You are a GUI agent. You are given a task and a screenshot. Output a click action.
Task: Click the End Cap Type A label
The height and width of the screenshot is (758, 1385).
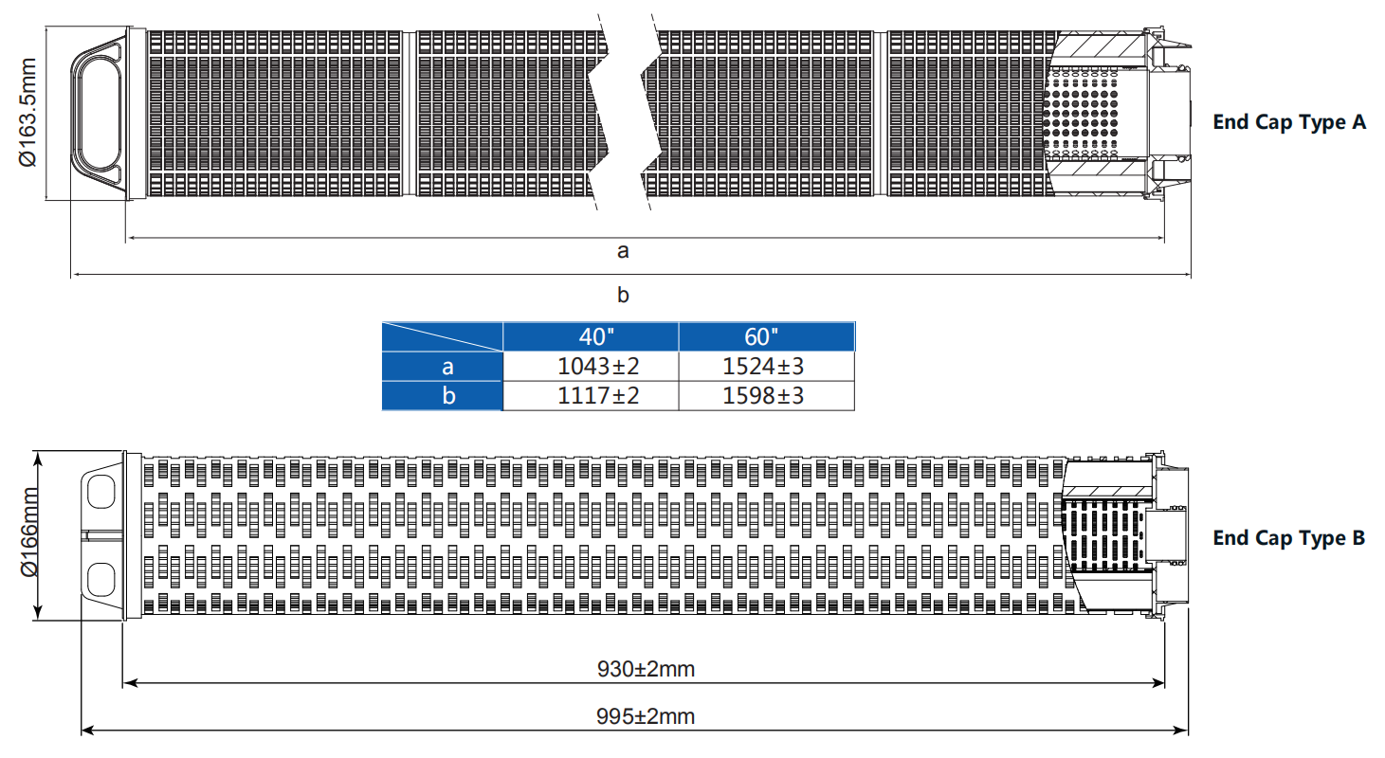point(1289,122)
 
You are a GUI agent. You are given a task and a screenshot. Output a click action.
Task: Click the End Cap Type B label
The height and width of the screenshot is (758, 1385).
point(1289,538)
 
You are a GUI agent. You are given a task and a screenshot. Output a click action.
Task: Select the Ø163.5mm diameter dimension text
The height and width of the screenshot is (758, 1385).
point(27,115)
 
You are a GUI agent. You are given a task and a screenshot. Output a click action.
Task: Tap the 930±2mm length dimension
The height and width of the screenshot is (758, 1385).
point(646,669)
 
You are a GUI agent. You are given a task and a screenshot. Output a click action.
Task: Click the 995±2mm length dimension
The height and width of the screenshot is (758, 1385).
point(646,716)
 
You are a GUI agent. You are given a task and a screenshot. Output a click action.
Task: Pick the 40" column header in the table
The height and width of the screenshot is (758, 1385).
point(591,337)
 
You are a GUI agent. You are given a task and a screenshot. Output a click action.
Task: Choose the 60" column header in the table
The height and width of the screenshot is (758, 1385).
point(766,337)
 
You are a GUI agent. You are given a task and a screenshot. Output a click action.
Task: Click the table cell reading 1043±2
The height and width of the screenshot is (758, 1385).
point(591,367)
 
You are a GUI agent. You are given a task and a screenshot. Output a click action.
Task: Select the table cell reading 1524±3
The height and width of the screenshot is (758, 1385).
point(766,367)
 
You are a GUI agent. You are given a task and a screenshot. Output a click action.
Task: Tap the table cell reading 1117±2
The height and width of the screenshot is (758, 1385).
point(591,395)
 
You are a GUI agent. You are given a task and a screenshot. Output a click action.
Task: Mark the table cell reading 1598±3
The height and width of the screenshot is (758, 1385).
point(766,395)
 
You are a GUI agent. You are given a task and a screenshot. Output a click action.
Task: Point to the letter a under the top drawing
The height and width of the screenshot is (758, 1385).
point(623,251)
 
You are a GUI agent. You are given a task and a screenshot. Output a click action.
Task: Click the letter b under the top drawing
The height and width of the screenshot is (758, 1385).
point(623,295)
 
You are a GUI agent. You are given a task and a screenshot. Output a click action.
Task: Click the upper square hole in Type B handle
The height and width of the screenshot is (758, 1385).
point(100,490)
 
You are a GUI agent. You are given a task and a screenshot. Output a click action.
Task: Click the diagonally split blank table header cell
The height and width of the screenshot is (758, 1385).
point(442,337)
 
